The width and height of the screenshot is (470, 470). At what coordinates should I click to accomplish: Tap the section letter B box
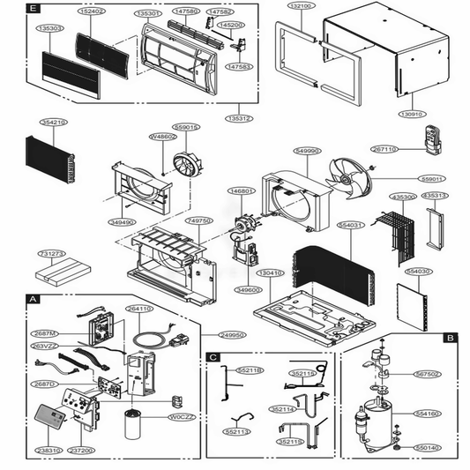tap(449, 337)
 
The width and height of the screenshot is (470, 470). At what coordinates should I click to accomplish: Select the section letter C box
tap(213, 356)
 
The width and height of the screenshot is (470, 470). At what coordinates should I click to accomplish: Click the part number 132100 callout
tap(301, 5)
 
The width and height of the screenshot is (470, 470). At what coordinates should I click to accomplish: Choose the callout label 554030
tap(418, 272)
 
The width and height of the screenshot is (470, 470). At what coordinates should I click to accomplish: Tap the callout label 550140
tap(426, 448)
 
